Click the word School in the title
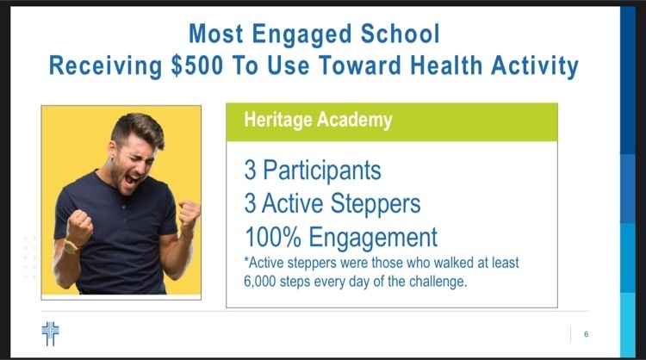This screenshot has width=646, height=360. click(401, 34)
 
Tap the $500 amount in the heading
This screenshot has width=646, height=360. click(197, 65)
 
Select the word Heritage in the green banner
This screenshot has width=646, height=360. click(278, 121)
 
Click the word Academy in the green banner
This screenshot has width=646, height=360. click(355, 120)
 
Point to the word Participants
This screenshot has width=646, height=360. click(322, 171)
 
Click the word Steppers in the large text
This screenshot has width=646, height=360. click(376, 203)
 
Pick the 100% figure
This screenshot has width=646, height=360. click(273, 237)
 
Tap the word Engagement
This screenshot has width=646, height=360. click(373, 238)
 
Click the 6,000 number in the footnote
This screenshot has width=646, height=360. click(259, 282)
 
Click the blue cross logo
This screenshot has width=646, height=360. click(50, 333)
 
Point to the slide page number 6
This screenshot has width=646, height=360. click(586, 334)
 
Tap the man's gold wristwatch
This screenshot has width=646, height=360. click(71, 246)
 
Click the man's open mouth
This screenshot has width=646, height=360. click(133, 179)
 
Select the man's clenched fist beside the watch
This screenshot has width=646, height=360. click(79, 227)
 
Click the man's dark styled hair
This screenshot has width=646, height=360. click(138, 128)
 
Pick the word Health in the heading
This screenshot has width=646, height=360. click(446, 65)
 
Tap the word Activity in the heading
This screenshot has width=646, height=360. click(535, 66)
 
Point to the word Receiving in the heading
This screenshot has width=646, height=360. click(105, 66)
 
